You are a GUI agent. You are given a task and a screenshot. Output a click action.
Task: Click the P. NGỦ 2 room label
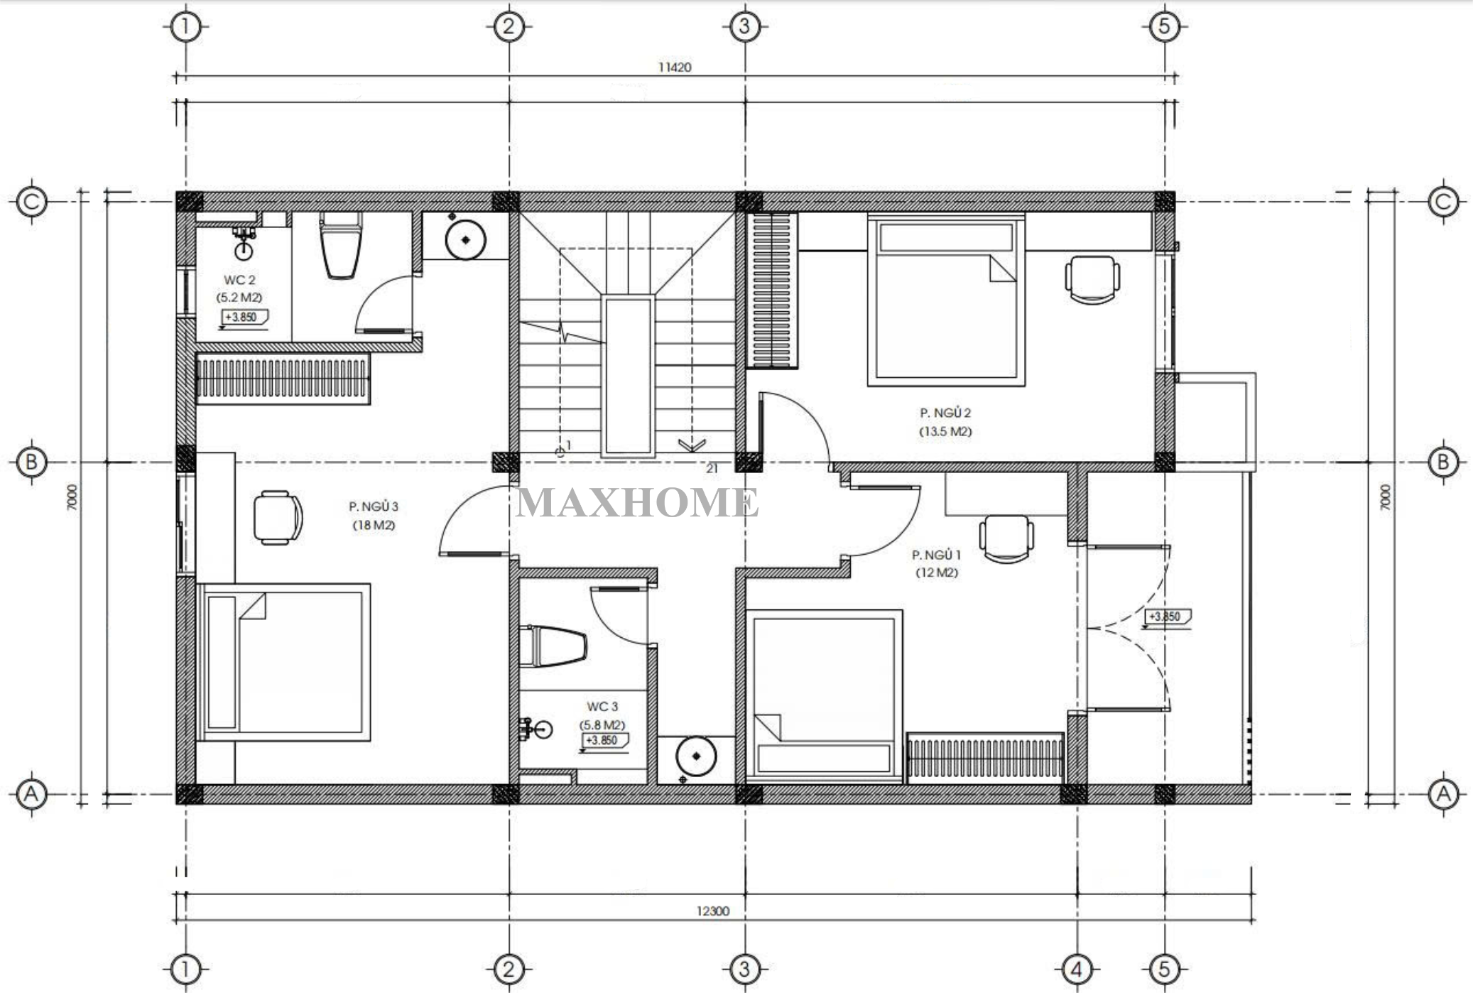tap(945, 413)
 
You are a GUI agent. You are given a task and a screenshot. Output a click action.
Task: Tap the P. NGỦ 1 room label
tap(936, 555)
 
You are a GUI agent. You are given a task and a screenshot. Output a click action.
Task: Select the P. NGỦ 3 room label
tap(374, 506)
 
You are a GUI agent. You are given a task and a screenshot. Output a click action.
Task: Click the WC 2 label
tap(239, 281)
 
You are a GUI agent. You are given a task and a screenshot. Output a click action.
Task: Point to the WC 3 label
tap(602, 707)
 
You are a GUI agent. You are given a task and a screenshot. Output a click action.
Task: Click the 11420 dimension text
tap(675, 67)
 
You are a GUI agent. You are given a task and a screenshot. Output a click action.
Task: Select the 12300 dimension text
tap(712, 911)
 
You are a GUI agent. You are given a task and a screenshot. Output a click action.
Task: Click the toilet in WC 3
tap(553, 646)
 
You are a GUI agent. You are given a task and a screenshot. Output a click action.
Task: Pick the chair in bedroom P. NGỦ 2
tap(1092, 280)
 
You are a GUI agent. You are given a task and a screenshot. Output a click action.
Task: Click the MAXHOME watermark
tap(637, 502)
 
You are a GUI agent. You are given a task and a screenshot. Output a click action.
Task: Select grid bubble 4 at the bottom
tap(1077, 969)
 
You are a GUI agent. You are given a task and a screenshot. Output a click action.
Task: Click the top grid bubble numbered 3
tap(744, 27)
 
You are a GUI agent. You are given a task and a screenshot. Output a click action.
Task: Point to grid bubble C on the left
tap(31, 202)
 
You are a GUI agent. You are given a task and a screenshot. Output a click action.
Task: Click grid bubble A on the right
tap(1443, 793)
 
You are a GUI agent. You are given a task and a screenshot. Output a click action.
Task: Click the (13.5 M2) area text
tap(945, 431)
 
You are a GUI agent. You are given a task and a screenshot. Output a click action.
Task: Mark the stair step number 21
tap(712, 469)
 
